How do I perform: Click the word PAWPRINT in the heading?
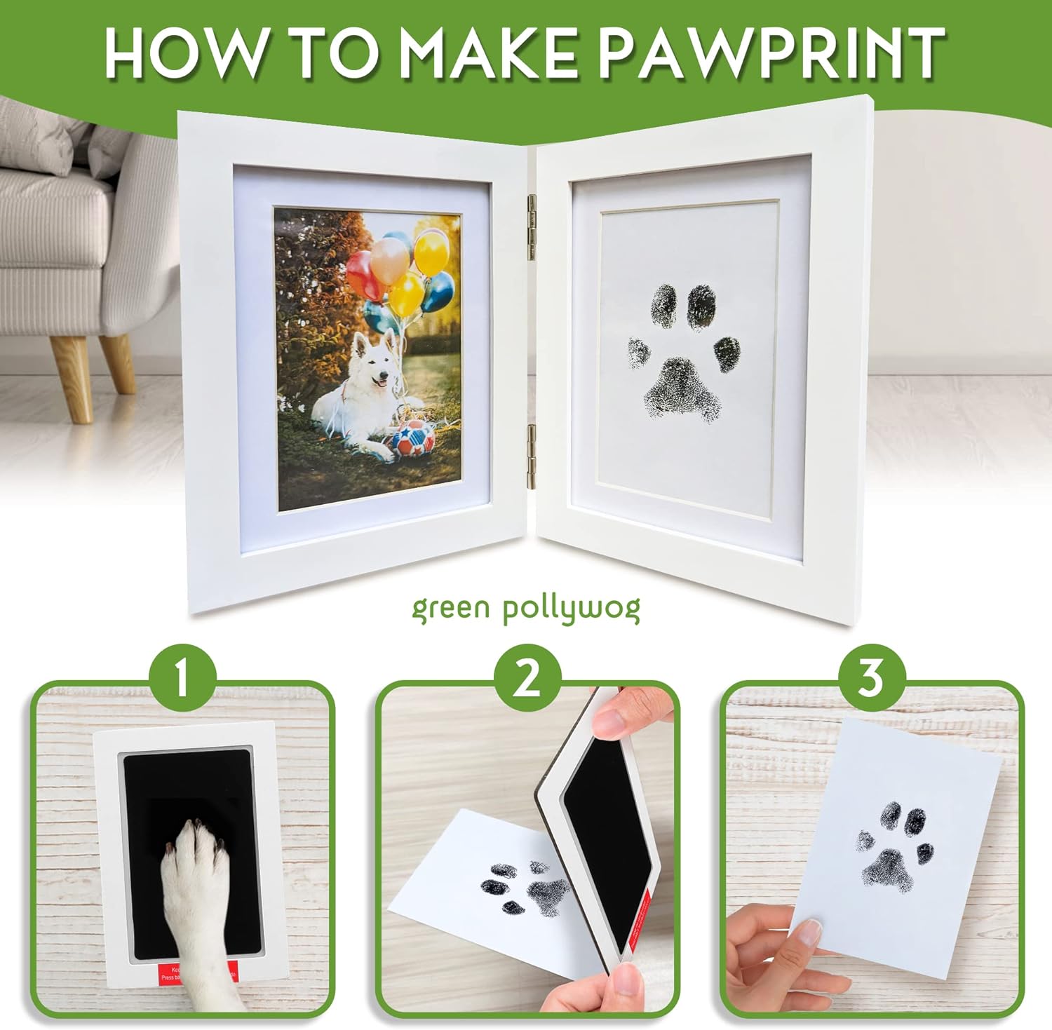[x=771, y=53]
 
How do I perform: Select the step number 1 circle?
[x=182, y=678]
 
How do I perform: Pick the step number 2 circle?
[x=527, y=678]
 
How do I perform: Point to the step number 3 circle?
[x=870, y=678]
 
